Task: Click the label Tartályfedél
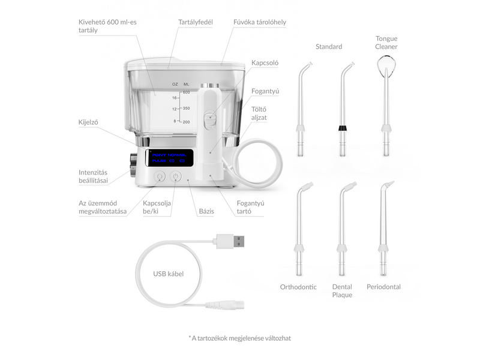tap(194, 22)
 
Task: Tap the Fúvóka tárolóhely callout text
tap(259, 22)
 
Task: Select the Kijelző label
tap(88, 122)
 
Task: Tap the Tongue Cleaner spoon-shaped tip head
tap(385, 63)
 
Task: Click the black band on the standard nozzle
tap(343, 128)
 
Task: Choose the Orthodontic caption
tap(298, 287)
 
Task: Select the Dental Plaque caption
tap(342, 290)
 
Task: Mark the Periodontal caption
tap(383, 287)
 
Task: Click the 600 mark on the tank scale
tap(186, 92)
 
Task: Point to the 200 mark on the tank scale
tap(186, 121)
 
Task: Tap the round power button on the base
tap(176, 176)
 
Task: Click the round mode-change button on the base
tap(160, 176)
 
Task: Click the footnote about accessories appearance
tap(239, 338)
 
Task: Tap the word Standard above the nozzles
tap(329, 46)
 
